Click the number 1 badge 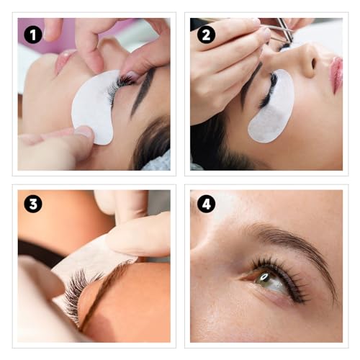click(x=33, y=34)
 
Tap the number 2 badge click(x=206, y=34)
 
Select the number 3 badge click(x=33, y=204)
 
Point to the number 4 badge click(x=206, y=204)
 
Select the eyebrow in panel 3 click(x=108, y=288)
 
